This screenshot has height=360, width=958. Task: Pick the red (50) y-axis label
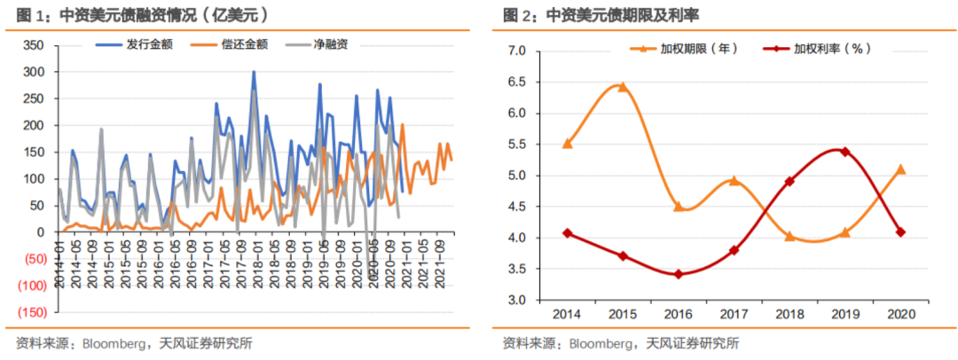point(33,259)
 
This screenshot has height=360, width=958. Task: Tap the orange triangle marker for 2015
point(622,87)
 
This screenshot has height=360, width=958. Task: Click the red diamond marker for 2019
point(844,152)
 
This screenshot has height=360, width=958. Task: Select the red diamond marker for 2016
point(678,274)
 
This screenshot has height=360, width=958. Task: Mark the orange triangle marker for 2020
point(900,169)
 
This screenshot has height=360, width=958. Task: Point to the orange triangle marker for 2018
point(789,236)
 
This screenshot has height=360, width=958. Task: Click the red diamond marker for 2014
point(567,233)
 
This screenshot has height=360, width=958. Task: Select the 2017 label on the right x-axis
point(734,314)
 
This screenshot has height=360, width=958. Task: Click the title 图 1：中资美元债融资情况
point(142,15)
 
